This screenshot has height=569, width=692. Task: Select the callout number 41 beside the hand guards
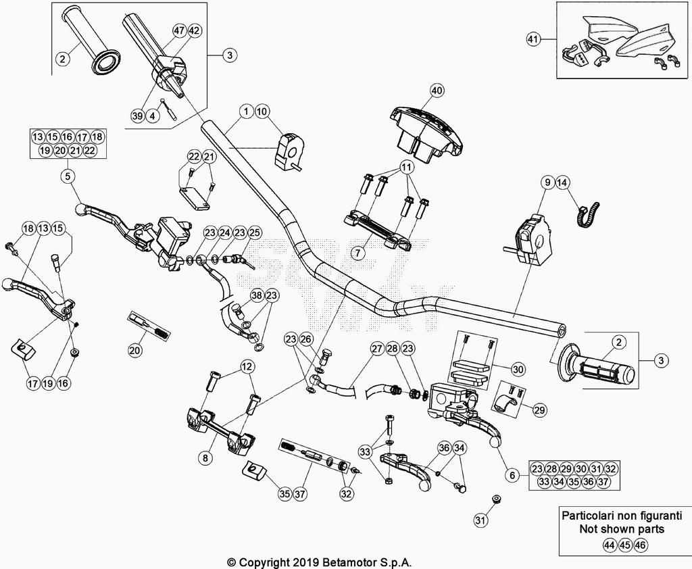[533, 40]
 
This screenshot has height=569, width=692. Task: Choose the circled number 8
[205, 457]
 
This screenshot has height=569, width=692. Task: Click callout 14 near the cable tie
[563, 182]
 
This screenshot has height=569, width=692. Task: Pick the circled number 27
[376, 349]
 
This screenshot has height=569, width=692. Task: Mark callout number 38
[257, 295]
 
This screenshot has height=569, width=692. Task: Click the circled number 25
[254, 233]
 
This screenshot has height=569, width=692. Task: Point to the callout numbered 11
[406, 166]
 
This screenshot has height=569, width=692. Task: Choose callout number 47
[179, 31]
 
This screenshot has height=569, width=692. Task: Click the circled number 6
[513, 476]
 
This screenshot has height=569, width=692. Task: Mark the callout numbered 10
[262, 110]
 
